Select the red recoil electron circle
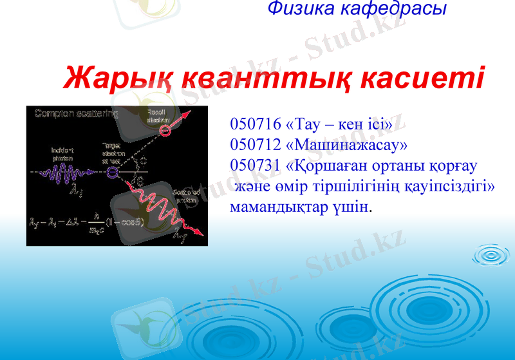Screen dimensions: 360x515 click(x=166, y=131)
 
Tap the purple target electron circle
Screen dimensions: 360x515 click(x=113, y=172)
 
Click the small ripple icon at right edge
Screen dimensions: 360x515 click(x=491, y=256)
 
